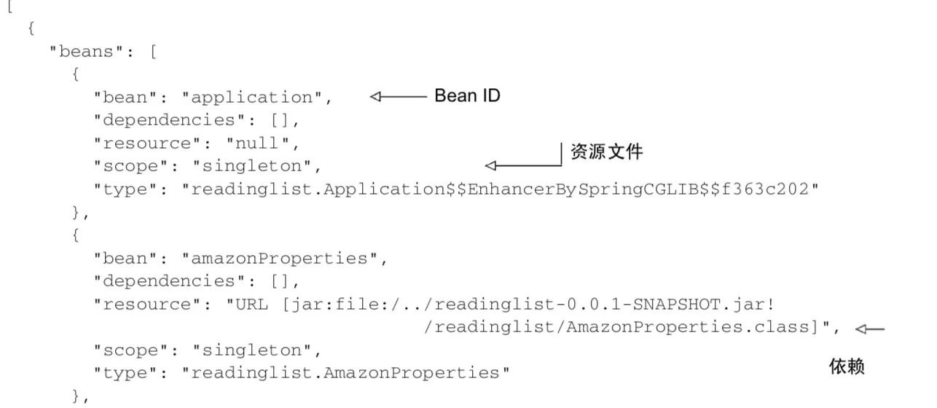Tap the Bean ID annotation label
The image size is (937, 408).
tap(467, 95)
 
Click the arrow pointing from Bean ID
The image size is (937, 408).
tap(397, 97)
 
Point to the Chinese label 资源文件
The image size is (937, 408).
tap(606, 152)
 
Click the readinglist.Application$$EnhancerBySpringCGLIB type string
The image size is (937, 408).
tap(500, 189)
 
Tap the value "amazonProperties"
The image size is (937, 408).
tap(285, 259)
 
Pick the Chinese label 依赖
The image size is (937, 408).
tap(847, 366)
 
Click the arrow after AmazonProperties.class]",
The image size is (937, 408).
tap(870, 329)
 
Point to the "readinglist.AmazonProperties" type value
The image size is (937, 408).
tap(345, 374)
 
